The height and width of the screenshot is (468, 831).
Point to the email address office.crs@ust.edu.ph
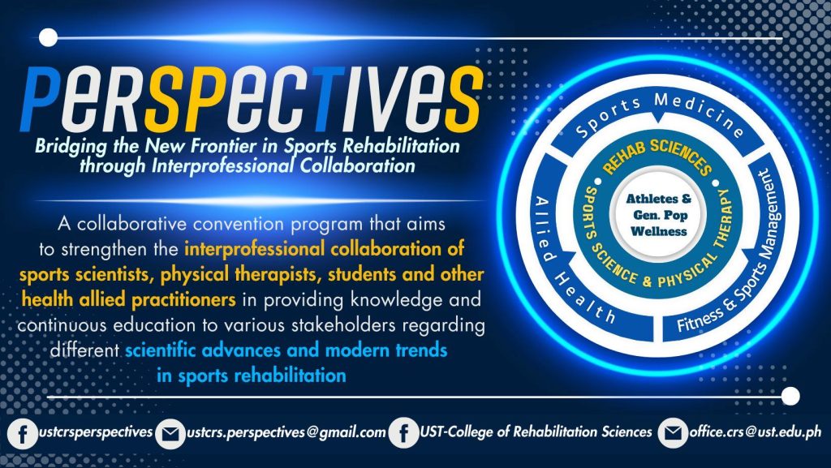pos(756,432)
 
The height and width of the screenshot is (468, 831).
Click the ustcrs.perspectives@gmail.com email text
pos(286,432)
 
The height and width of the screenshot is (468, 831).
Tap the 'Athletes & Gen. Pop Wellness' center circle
pos(659,214)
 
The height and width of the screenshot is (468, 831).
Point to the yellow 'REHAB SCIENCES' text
pos(657,154)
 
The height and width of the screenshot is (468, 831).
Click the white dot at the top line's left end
pos(48,37)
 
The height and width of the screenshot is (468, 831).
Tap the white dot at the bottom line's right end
pos(790,396)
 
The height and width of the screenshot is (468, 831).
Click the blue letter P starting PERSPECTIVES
pos(41,99)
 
